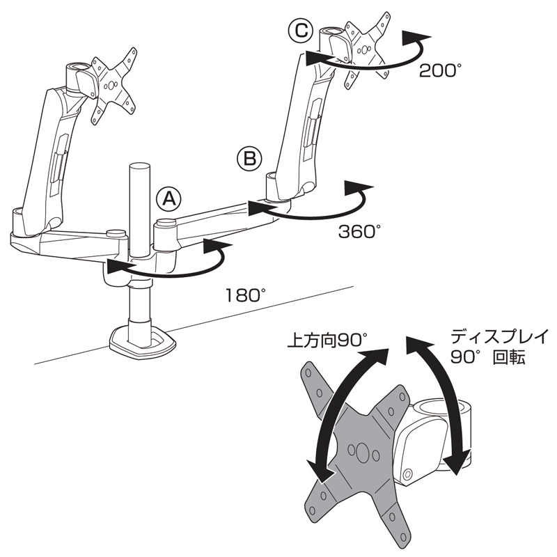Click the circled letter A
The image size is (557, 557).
(x=168, y=198)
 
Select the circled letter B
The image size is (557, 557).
(x=249, y=159)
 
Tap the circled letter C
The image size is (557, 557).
(x=301, y=31)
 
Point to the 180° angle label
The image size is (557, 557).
(x=246, y=295)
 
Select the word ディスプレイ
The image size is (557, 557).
(x=500, y=336)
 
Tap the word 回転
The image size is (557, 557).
(x=509, y=358)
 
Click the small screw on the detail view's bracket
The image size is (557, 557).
(x=408, y=473)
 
